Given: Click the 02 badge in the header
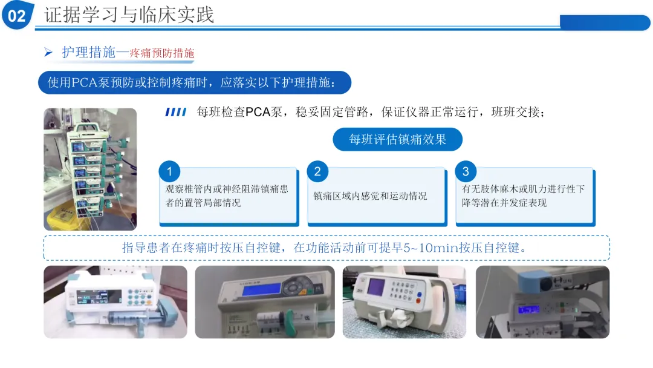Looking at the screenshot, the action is pyautogui.click(x=17, y=15).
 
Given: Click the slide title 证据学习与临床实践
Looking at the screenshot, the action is pyautogui.click(x=129, y=15).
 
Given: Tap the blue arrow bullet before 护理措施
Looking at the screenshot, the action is pyautogui.click(x=48, y=52).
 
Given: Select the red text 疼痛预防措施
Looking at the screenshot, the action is pyautogui.click(x=162, y=53).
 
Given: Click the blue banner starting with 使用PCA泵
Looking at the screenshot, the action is pyautogui.click(x=195, y=82).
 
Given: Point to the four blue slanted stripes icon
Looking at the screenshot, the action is pyautogui.click(x=176, y=112).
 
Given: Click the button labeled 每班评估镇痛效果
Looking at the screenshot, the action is pyautogui.click(x=397, y=139).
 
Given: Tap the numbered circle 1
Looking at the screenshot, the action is pyautogui.click(x=169, y=171).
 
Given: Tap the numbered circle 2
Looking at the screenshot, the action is pyautogui.click(x=317, y=171).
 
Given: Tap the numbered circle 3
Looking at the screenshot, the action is pyautogui.click(x=466, y=171).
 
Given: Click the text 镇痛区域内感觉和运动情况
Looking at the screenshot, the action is pyautogui.click(x=370, y=196).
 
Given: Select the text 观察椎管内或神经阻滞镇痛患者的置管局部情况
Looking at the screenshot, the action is pyautogui.click(x=227, y=196).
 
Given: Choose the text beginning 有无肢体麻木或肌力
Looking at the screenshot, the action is pyautogui.click(x=523, y=196).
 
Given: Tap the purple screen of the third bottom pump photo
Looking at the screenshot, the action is pyautogui.click(x=376, y=287).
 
